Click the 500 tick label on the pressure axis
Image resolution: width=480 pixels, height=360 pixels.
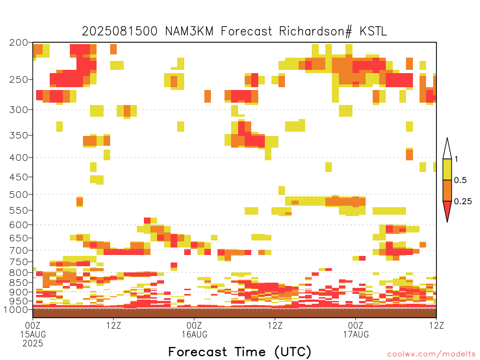[19, 195]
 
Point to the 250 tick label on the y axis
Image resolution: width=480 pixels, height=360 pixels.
[19, 80]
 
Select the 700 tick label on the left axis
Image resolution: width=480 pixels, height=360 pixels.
[19, 250]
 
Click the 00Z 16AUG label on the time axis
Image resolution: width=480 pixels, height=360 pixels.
[195, 330]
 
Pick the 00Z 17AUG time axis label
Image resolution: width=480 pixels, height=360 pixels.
[356, 330]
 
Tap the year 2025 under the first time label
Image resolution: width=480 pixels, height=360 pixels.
[33, 344]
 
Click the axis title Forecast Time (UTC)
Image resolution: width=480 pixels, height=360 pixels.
[240, 352]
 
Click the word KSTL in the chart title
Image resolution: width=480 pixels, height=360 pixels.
[373, 31]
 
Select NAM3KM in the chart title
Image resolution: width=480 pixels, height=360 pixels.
[189, 31]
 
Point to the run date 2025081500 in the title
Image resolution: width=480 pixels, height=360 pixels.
[120, 31]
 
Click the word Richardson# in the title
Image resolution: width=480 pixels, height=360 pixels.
[315, 31]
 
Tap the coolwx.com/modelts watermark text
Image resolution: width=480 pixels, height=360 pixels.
[431, 354]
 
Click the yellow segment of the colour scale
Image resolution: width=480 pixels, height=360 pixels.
[447, 169]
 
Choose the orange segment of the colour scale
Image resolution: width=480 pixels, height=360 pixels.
[447, 190]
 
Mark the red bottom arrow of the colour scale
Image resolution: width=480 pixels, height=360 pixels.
[447, 211]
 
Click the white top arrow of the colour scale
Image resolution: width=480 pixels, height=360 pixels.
[447, 149]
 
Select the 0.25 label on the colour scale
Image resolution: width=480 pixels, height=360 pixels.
[463, 202]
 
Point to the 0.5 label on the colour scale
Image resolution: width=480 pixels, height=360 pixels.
[460, 180]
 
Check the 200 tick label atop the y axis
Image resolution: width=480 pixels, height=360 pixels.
[19, 43]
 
